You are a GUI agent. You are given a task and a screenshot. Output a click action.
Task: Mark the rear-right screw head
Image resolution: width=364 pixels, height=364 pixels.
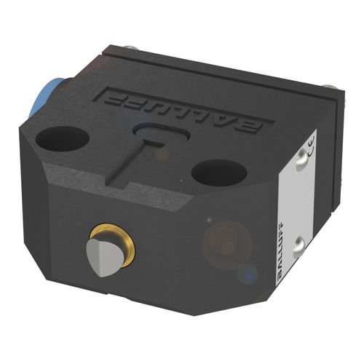(332, 87)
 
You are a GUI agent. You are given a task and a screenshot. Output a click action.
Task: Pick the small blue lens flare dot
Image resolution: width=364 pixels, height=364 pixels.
(248, 274)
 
